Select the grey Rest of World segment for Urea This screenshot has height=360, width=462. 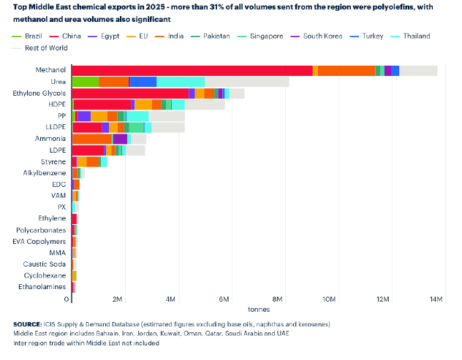click(246, 82)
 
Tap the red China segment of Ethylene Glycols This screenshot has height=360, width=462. click(130, 93)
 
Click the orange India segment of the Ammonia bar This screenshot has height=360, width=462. click(92, 139)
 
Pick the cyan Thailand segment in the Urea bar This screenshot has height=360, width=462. click(181, 82)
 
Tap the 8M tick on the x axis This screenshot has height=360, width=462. click(278, 299)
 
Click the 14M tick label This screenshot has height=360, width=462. click(437, 299)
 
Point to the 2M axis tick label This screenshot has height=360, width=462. click(117, 299)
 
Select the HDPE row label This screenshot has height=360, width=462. click(57, 104)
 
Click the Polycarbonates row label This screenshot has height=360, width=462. click(41, 230)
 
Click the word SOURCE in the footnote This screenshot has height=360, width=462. click(29, 323)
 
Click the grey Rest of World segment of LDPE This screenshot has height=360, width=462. click(135, 150)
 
